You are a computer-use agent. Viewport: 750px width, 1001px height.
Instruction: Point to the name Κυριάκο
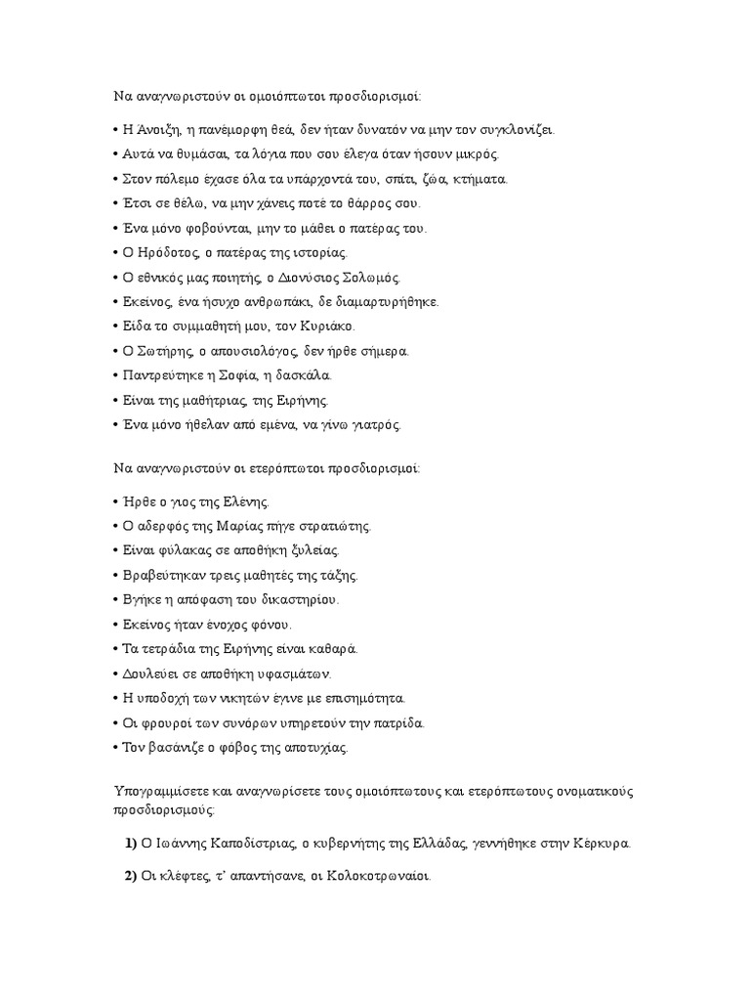tap(324, 326)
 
